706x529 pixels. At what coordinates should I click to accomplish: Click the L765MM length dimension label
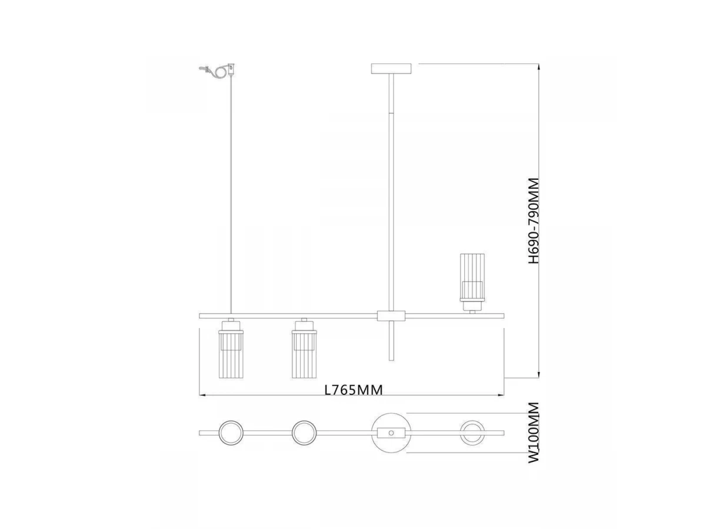(x=353, y=390)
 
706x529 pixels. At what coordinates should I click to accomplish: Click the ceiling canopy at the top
(x=391, y=68)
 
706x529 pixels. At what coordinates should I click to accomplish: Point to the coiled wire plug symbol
(x=218, y=71)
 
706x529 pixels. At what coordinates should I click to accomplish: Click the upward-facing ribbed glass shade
(x=472, y=282)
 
